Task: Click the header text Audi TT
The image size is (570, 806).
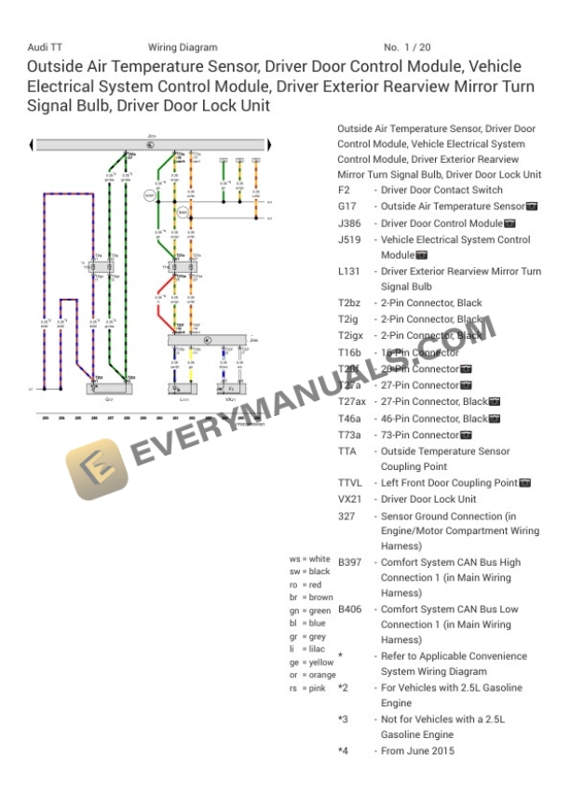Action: point(46,47)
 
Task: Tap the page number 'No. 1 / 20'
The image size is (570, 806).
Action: point(406,47)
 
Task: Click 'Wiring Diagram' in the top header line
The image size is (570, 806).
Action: point(183,47)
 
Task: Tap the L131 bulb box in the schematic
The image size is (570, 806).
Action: point(184,389)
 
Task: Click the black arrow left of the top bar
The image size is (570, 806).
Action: point(33,144)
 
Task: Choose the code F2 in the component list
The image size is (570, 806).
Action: point(344,190)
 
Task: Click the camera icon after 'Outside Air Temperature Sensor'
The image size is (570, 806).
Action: point(532,207)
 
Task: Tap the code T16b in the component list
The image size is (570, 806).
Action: point(350,353)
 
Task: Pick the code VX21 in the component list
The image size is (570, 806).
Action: point(348,500)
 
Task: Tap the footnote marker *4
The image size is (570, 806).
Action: point(343,751)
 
